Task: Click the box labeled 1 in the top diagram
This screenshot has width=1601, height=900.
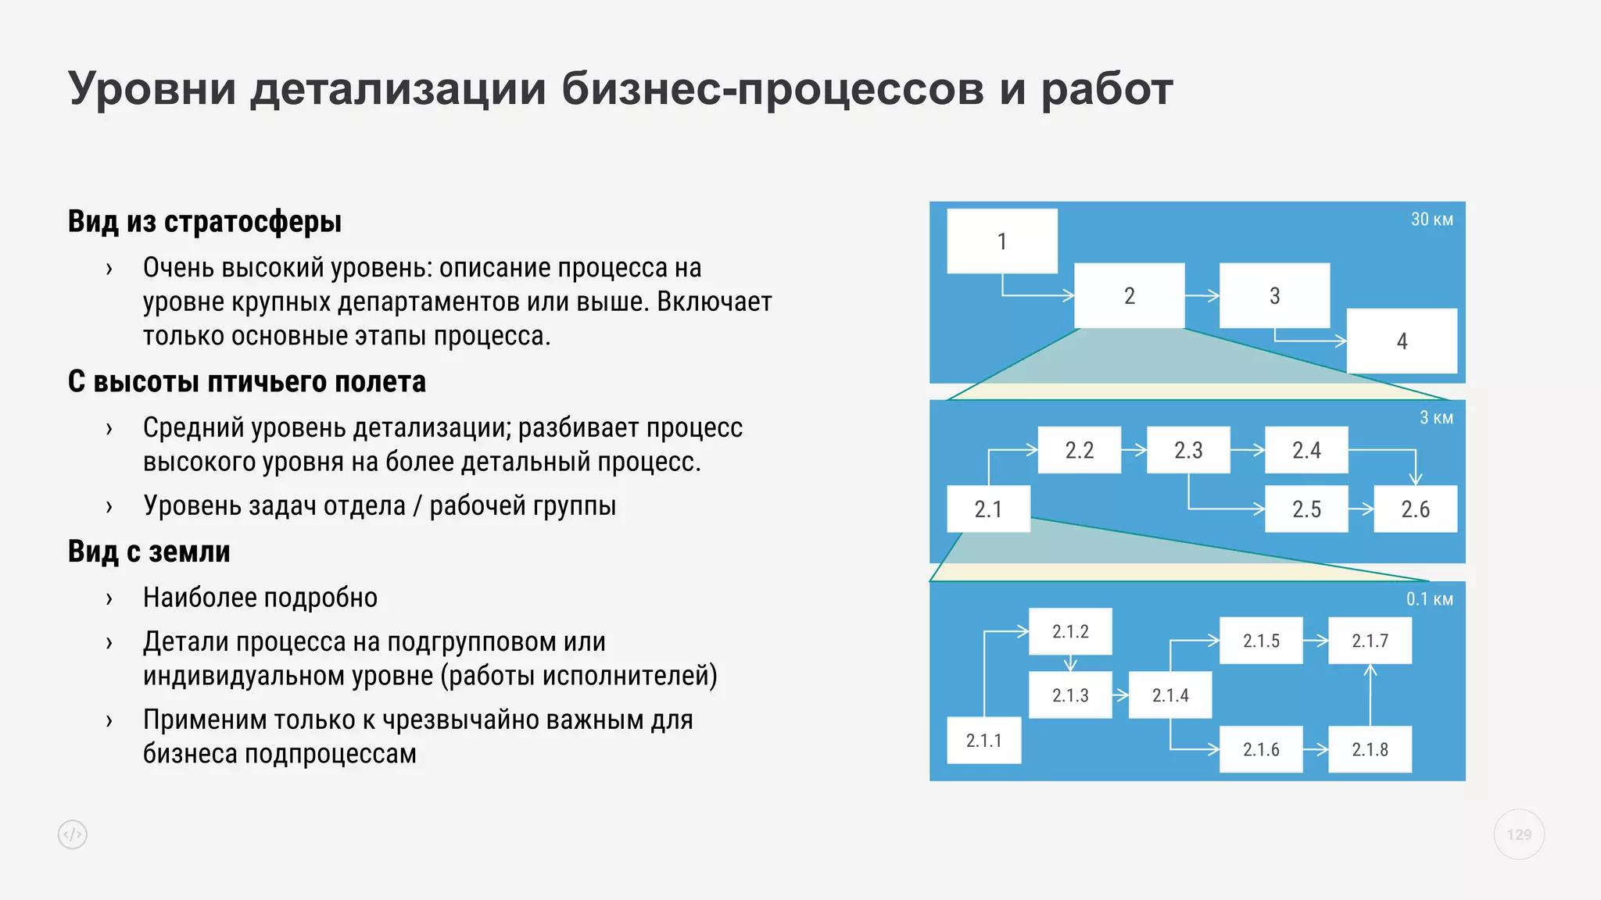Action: tap(1001, 241)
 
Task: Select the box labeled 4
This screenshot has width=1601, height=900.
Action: tap(1402, 341)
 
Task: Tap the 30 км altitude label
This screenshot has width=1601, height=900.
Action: tap(1431, 220)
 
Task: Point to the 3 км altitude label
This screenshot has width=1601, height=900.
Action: tap(1436, 418)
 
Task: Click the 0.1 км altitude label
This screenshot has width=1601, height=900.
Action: tap(1429, 599)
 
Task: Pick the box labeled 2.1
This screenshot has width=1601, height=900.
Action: tap(988, 509)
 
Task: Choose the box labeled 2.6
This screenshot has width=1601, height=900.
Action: tap(1415, 509)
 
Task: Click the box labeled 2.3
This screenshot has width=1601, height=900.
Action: tap(1188, 450)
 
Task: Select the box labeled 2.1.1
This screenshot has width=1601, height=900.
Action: tap(983, 740)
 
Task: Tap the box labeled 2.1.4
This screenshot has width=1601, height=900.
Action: tap(1170, 695)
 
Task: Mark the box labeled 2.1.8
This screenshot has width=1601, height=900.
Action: tap(1370, 749)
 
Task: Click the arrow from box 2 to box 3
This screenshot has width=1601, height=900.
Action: tap(1202, 296)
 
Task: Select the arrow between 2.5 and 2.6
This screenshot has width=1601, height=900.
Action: tap(1361, 509)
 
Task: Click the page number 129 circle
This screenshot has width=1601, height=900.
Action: tap(1519, 834)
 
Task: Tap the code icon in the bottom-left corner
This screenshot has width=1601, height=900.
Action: tap(73, 834)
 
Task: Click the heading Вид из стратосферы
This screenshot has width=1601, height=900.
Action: tap(205, 222)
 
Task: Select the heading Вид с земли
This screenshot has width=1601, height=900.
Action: tap(149, 552)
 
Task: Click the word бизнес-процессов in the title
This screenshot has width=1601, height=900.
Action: tap(773, 89)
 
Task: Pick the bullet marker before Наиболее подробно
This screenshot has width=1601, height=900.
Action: tap(109, 598)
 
